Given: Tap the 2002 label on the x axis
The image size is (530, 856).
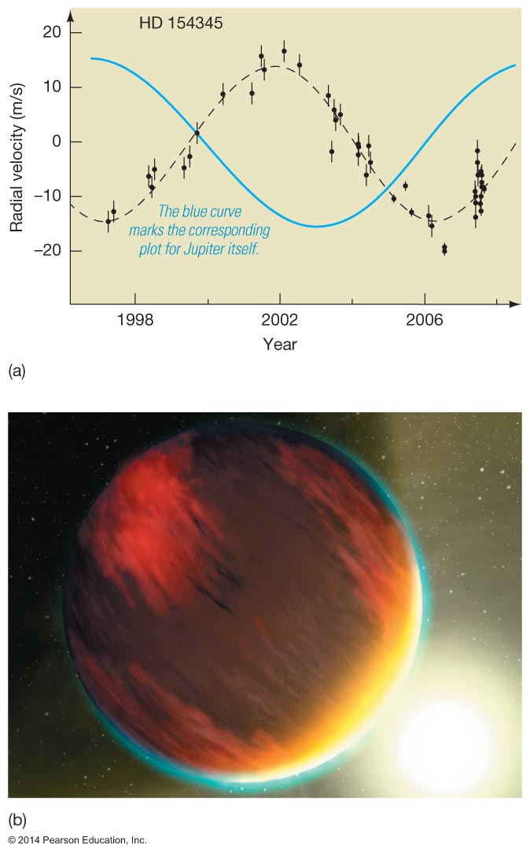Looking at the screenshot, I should pos(280,321).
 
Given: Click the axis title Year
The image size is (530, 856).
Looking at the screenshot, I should pos(280,345).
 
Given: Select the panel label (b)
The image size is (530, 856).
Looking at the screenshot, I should pos(17,821).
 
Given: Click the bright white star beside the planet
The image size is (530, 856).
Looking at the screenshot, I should pos(444,740).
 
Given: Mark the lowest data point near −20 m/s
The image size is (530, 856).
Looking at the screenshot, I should pos(444,249).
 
